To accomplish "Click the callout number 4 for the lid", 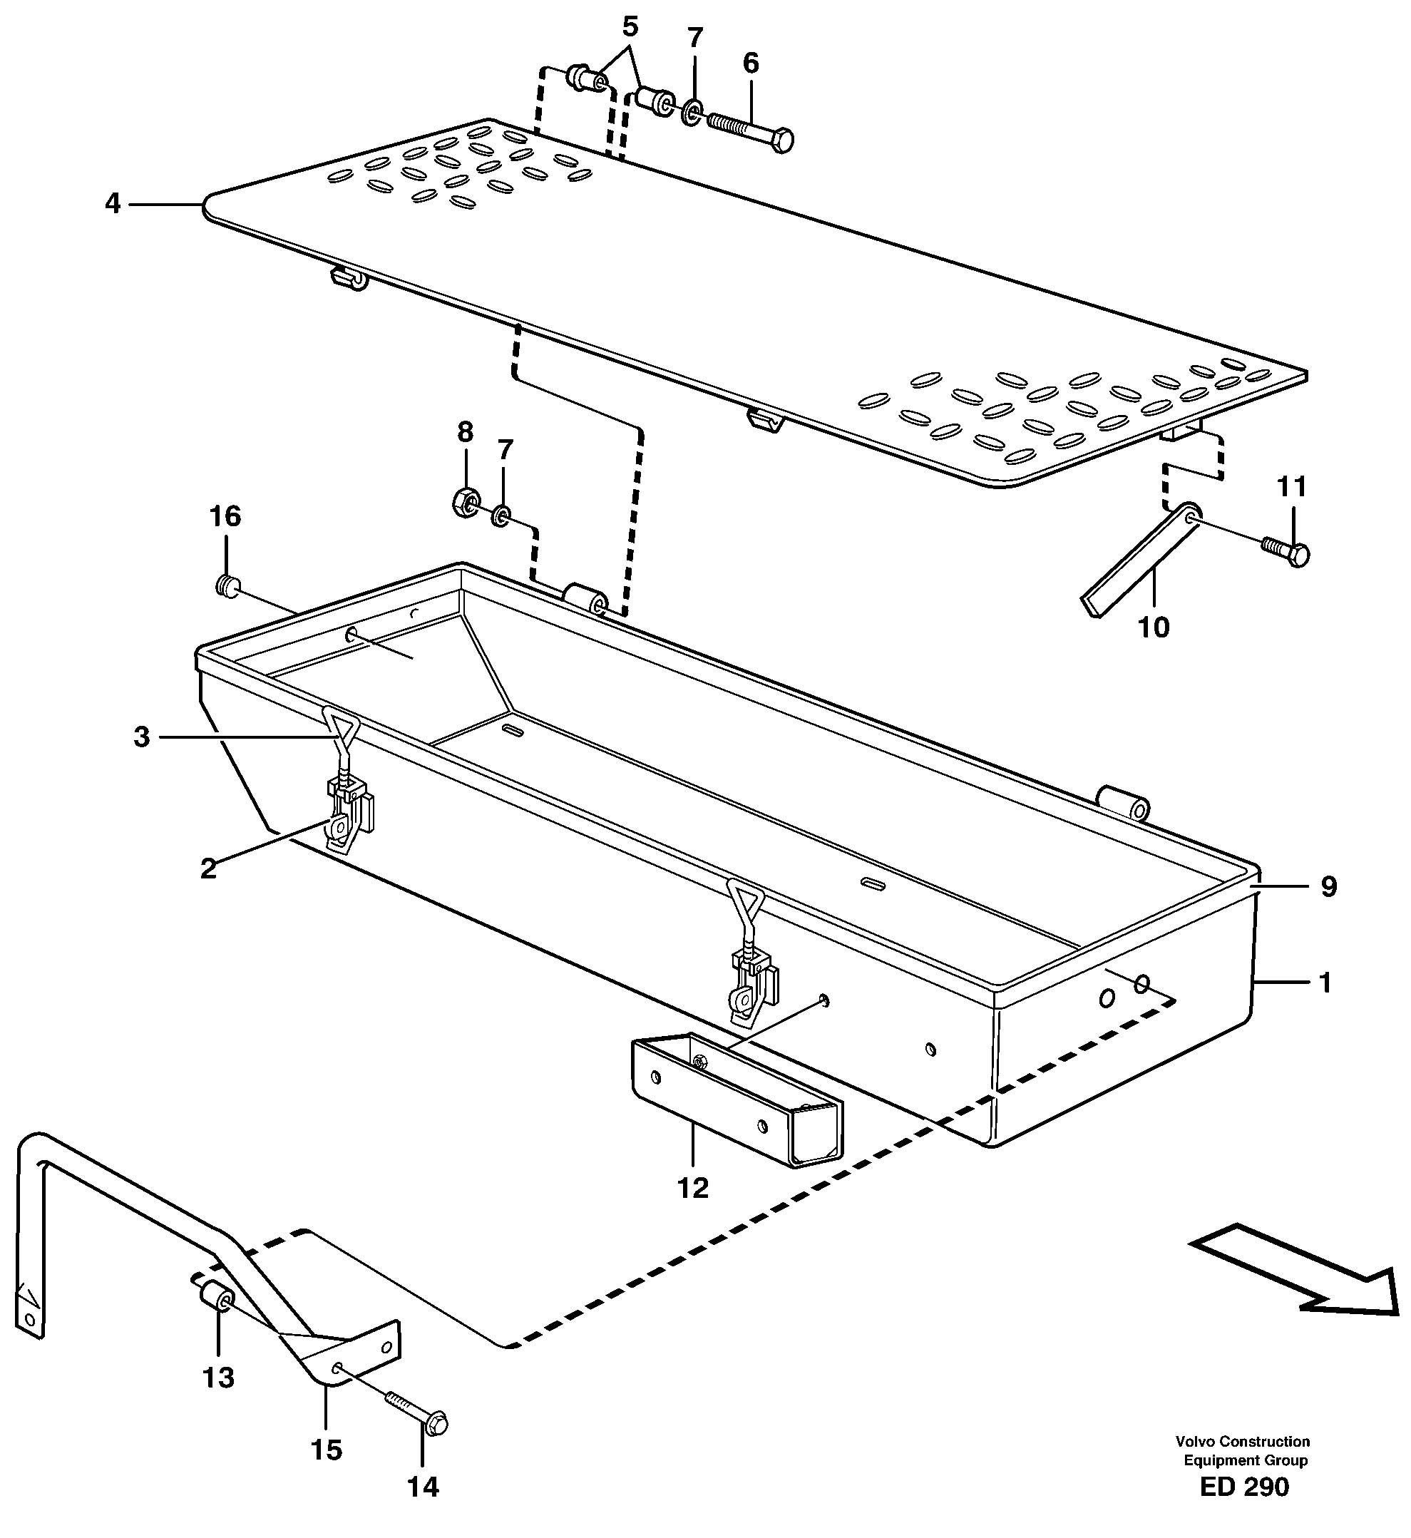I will (x=113, y=204).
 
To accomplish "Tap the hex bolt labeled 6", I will (x=752, y=130).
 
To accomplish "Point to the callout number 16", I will (x=225, y=516).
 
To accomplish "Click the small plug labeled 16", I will (x=226, y=585).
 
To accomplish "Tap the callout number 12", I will (x=693, y=1187).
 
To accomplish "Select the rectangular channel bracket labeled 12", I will (x=737, y=1099).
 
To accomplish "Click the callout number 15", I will (x=327, y=1450).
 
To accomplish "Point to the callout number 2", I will (x=208, y=868).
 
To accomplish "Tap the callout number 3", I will (x=142, y=737).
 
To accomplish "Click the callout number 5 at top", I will (x=630, y=26).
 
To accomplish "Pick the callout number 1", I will (x=1325, y=983).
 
